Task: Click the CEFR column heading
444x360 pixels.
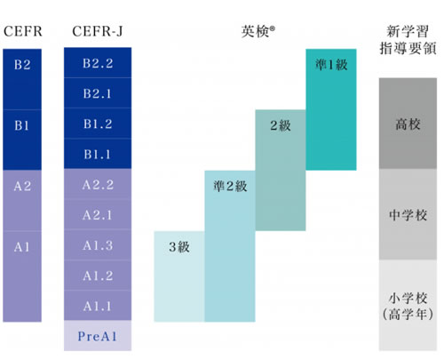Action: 23,31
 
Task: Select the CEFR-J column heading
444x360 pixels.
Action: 98,31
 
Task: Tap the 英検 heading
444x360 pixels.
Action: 258,31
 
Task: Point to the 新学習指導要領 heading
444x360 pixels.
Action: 408,40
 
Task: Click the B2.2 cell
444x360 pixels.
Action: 98,63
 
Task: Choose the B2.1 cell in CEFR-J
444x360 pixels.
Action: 98,93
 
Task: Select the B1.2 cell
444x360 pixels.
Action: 98,124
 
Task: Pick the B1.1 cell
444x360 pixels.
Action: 98,154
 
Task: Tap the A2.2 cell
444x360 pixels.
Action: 98,185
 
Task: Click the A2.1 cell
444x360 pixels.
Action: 98,215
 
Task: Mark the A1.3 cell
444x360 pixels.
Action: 98,245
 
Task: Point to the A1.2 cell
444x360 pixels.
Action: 98,276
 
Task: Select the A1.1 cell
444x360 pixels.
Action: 98,306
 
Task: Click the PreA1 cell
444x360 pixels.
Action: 98,336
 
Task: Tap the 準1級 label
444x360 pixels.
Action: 331,65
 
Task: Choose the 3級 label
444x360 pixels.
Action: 179,247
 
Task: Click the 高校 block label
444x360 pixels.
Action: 408,124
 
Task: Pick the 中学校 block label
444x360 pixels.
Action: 408,215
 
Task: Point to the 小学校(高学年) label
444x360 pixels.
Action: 408,306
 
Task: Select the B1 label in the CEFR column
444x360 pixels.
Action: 22,125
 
